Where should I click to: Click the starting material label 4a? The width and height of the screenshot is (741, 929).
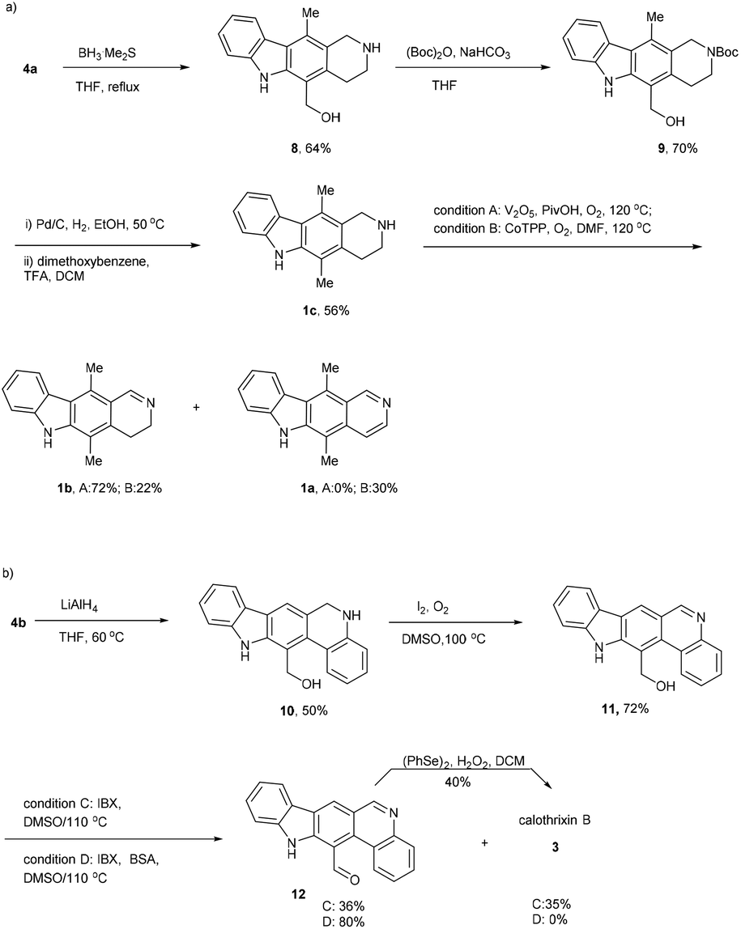30,70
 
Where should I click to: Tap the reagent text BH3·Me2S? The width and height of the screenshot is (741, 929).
107,54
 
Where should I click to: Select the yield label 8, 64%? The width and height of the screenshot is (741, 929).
306,149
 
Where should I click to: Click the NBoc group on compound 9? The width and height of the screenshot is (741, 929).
718,52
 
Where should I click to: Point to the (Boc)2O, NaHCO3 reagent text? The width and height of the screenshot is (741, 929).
458,54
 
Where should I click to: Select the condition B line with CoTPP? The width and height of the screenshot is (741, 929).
542,229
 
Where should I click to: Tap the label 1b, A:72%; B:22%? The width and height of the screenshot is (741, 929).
106,488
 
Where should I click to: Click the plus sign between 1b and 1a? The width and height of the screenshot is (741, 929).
196,408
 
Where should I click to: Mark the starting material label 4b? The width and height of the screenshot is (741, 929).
18,623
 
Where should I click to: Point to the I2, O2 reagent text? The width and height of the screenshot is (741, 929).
432,609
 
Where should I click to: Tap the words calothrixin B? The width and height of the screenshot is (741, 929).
554,821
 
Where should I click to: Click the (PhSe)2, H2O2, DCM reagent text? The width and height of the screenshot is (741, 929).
464,761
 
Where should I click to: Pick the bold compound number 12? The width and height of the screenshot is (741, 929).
298,894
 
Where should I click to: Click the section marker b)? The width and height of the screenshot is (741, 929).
9,574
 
